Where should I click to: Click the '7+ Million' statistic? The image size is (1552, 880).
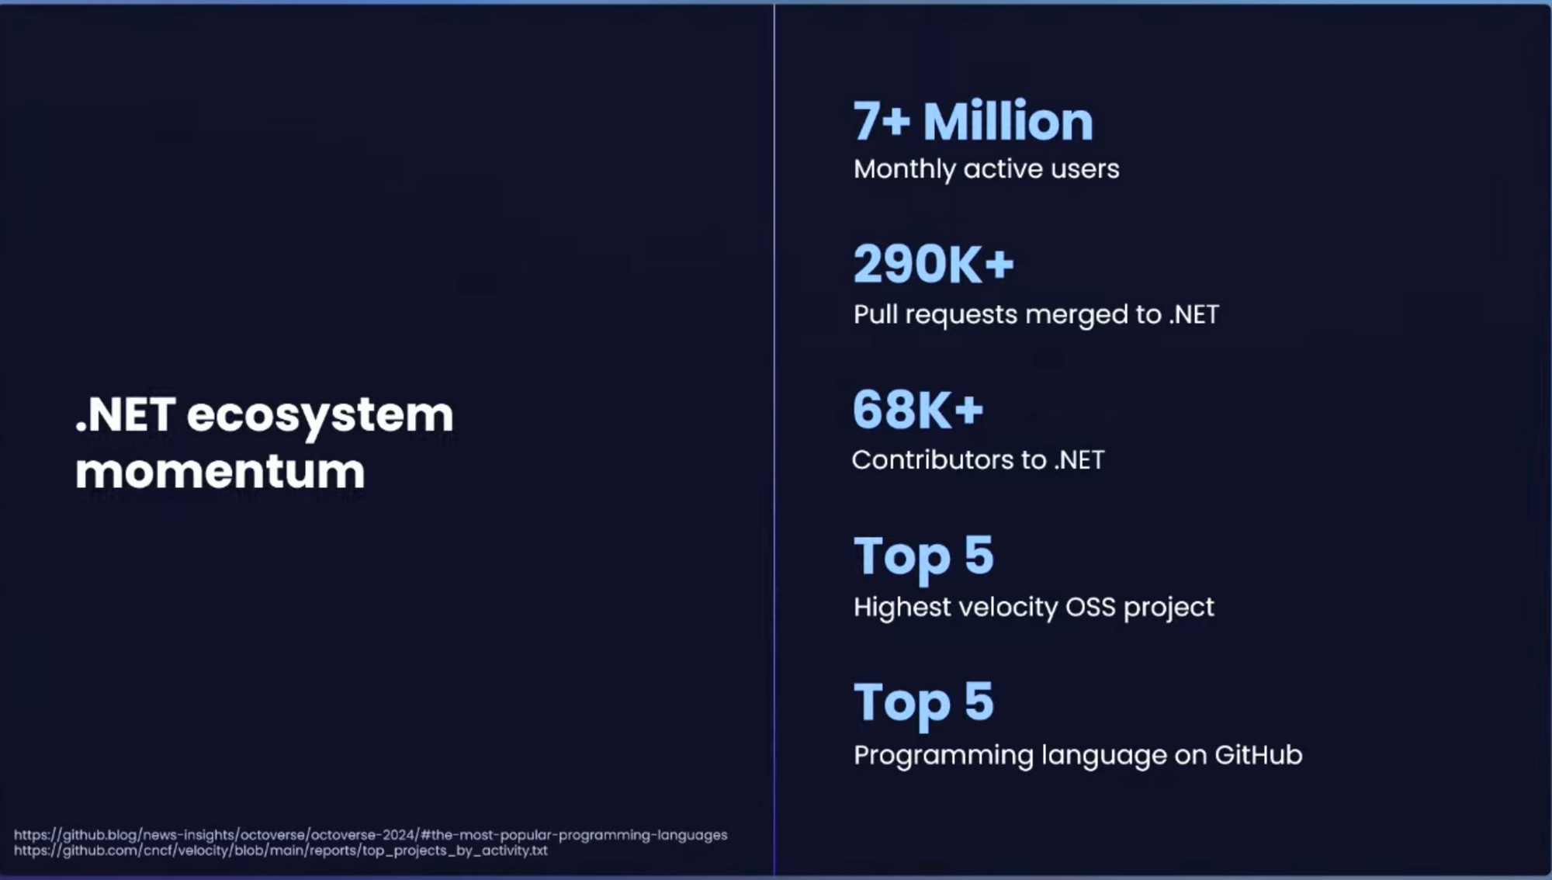coord(973,122)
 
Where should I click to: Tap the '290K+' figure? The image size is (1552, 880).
coord(934,265)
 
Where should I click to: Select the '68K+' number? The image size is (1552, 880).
coord(918,410)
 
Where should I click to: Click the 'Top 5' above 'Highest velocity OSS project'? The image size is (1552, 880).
coord(923,556)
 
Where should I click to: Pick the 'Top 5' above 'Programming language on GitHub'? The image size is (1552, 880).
coord(923,702)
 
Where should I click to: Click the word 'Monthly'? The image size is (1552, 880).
coord(904,169)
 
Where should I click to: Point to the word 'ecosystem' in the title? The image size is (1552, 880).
coord(320,415)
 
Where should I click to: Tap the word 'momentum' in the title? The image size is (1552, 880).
coord(220,472)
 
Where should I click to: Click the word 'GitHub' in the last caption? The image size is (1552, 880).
coord(1258,755)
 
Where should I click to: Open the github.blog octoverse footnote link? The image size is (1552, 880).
coord(370,835)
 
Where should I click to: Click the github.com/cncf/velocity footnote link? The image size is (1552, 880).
coord(280,851)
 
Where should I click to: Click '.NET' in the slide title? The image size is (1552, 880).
coord(126,415)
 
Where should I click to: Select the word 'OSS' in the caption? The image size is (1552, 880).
coord(1090,607)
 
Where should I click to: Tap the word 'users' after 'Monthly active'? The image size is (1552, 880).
coord(1086,169)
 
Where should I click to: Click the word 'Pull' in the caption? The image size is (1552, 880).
coord(875,314)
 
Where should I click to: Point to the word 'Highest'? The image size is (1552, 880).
coord(902,607)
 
